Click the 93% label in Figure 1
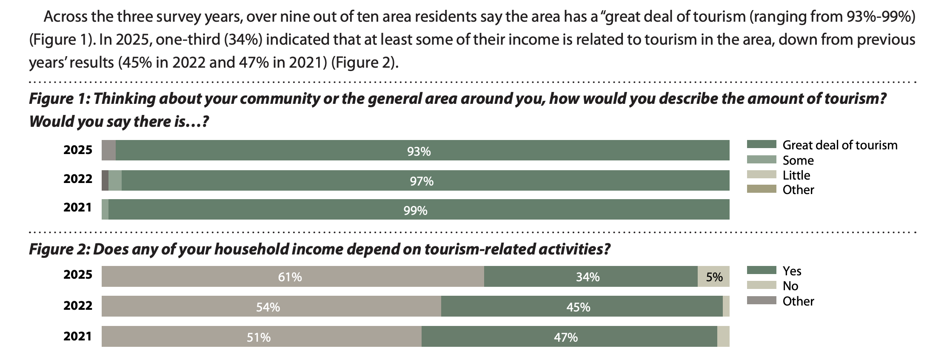pos(419,151)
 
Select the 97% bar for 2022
pos(425,181)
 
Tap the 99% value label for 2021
pos(415,211)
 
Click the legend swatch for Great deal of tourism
pos(761,145)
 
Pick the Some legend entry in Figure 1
pos(798,160)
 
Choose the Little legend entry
pos(796,175)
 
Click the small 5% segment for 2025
pos(714,277)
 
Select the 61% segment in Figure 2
pos(290,277)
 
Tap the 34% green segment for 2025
pos(588,277)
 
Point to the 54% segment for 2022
pos(268,307)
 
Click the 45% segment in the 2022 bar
pos(578,307)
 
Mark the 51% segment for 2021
pos(259,337)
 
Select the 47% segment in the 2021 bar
pos(566,337)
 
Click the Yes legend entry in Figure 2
pos(792,271)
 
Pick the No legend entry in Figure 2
pos(790,286)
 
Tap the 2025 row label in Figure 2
pos(78,275)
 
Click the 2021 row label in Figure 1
pos(78,208)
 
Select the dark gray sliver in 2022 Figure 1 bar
pos(105,180)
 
